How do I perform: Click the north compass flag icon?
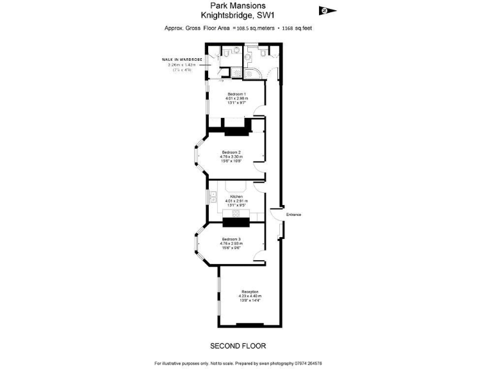pyautogui.click(x=327, y=10)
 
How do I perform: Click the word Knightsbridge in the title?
pyautogui.click(x=224, y=17)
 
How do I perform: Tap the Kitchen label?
pyautogui.click(x=236, y=196)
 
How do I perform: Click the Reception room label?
pyautogui.click(x=250, y=291)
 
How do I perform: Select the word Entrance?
pyautogui.click(x=293, y=214)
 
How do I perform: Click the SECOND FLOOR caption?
pyautogui.click(x=238, y=346)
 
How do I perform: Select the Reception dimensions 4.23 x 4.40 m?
pyautogui.click(x=250, y=296)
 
